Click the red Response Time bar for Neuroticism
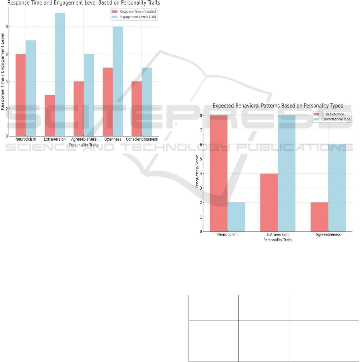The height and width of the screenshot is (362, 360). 20,95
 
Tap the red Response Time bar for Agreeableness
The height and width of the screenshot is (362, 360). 79,109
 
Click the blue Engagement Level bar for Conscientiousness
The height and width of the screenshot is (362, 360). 147,102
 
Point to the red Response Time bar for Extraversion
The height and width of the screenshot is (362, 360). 50,116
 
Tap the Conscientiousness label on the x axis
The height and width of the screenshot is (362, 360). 142,140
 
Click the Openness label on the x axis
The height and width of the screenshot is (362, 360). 113,140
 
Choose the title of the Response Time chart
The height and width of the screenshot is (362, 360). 84,3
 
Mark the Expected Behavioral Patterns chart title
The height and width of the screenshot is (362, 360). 278,106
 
